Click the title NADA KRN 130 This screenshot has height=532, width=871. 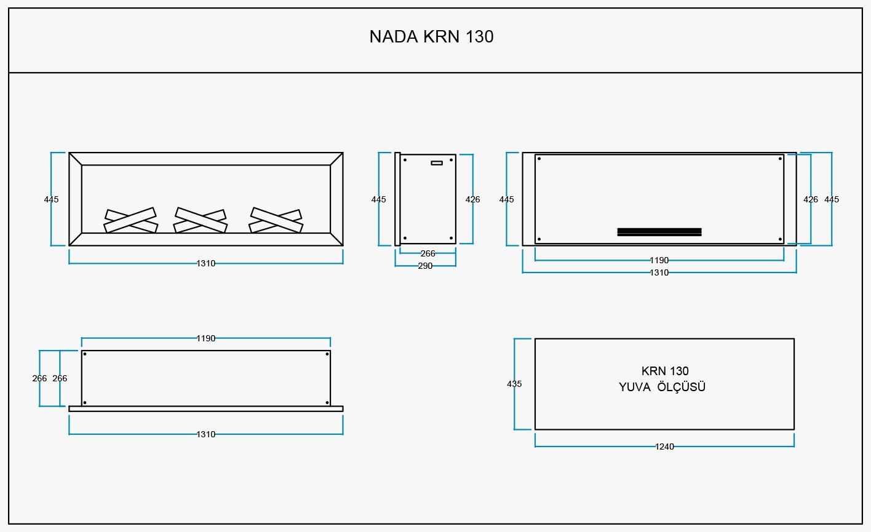coord(431,36)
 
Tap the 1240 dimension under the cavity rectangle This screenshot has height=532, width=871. coord(664,447)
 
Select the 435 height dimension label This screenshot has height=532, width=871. coord(514,384)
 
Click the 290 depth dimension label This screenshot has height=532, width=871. coord(425,266)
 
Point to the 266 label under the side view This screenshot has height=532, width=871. coord(428,253)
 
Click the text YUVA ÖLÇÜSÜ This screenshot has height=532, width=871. coord(662,387)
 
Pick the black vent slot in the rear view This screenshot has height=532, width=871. coord(659,232)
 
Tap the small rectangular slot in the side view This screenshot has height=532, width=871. coord(437,163)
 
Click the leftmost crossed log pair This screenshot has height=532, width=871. coord(130,221)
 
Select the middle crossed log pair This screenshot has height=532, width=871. coord(201,221)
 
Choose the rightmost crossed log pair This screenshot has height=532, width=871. coord(276,221)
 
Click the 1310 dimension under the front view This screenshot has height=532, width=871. coord(205,263)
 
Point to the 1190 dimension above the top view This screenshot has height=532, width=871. coord(205,338)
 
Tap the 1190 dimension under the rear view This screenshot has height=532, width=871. coord(659,260)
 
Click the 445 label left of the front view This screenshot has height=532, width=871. coord(51,199)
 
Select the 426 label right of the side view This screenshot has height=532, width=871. coord(473,199)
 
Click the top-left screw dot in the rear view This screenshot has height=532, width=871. coord(539,159)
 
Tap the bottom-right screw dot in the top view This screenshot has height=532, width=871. coord(327,402)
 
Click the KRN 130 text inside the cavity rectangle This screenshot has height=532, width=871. coord(665,371)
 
